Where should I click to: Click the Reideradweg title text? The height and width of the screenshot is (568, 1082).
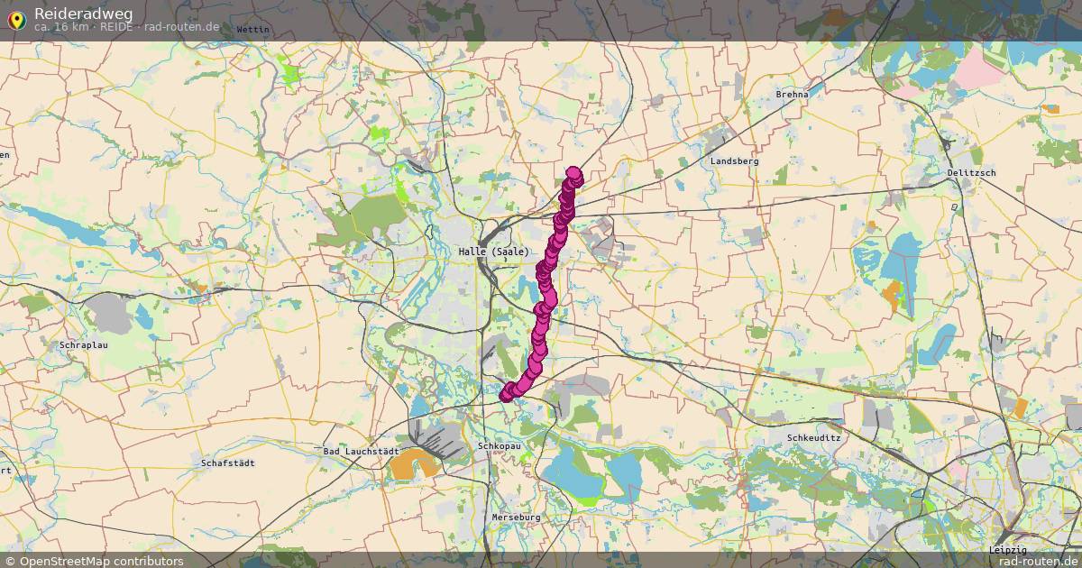84,13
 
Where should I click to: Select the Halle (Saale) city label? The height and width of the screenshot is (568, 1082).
493,252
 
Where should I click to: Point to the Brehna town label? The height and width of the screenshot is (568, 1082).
793,94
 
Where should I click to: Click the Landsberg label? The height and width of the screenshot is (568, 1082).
734,160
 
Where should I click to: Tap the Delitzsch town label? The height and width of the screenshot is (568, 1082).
971,172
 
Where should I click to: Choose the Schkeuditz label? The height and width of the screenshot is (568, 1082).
814,437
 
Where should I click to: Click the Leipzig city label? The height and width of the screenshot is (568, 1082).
1007,550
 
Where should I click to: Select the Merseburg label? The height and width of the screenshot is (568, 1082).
516,518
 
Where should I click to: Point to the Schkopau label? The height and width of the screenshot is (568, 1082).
500,445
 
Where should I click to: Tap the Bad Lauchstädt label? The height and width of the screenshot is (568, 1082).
361,451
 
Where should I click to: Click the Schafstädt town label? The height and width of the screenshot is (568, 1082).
228,463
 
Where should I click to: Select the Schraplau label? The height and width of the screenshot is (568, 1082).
84,345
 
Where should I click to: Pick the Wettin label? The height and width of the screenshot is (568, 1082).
252,29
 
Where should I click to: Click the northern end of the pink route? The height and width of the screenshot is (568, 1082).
573,173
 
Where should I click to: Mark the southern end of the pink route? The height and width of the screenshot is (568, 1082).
506,394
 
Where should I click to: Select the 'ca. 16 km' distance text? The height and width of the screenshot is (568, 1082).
61,27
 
